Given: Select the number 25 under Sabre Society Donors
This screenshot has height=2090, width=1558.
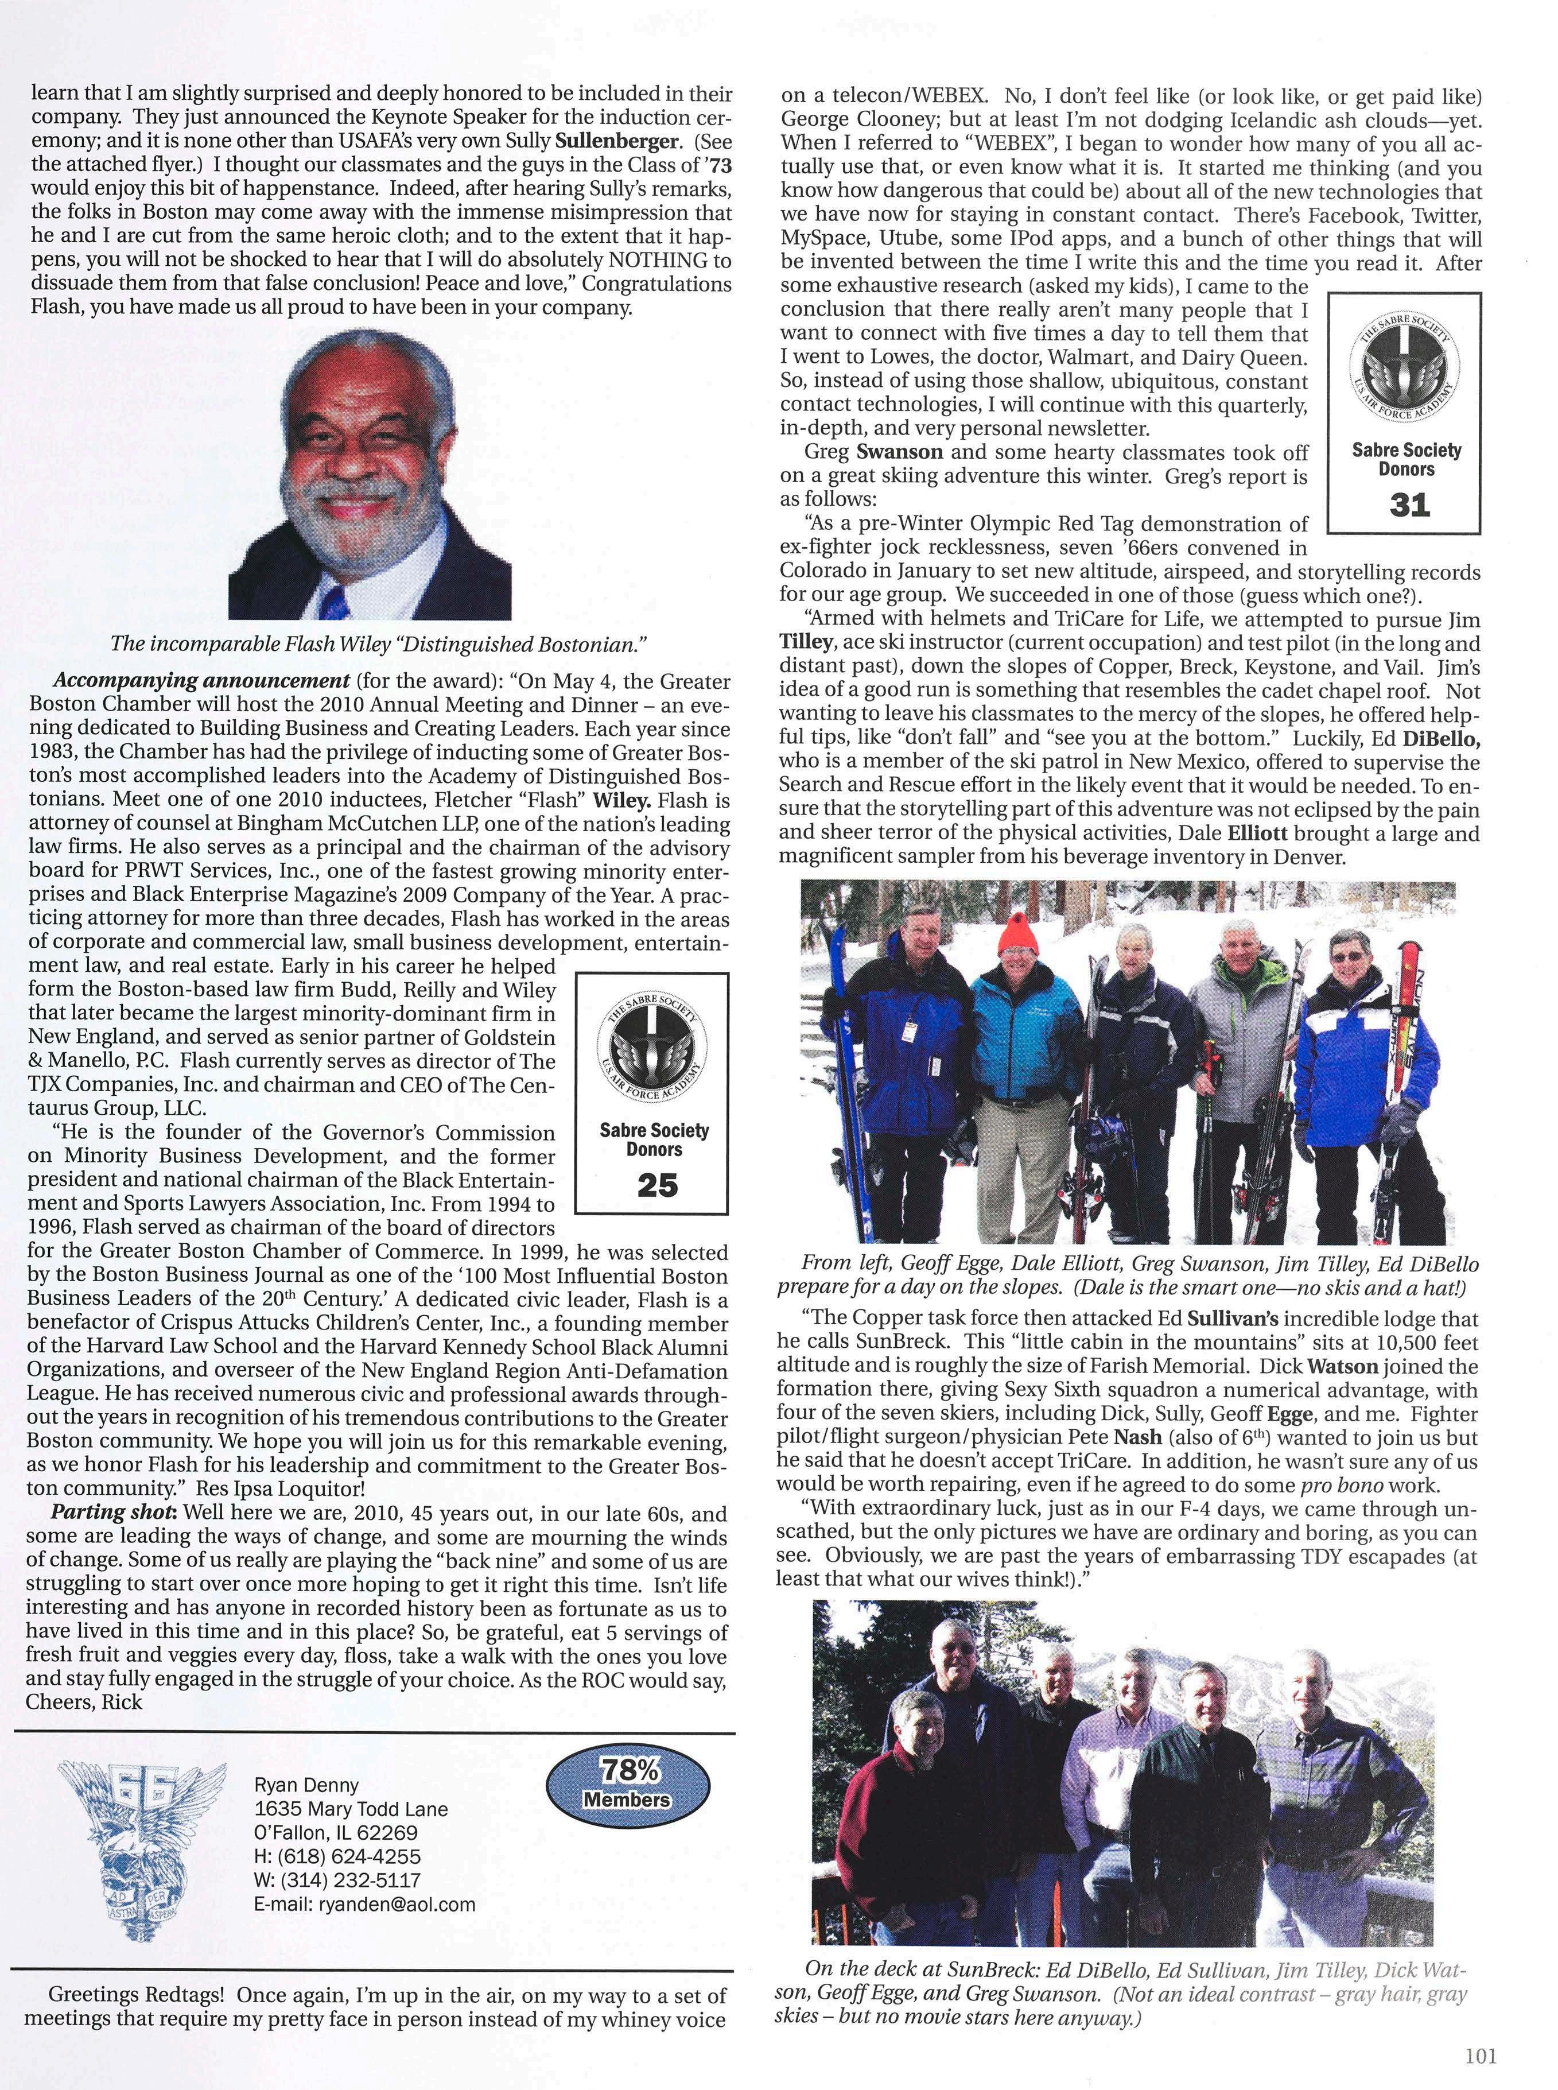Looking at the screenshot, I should [x=656, y=1185].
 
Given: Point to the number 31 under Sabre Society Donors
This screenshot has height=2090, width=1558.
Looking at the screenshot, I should [x=1409, y=506].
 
